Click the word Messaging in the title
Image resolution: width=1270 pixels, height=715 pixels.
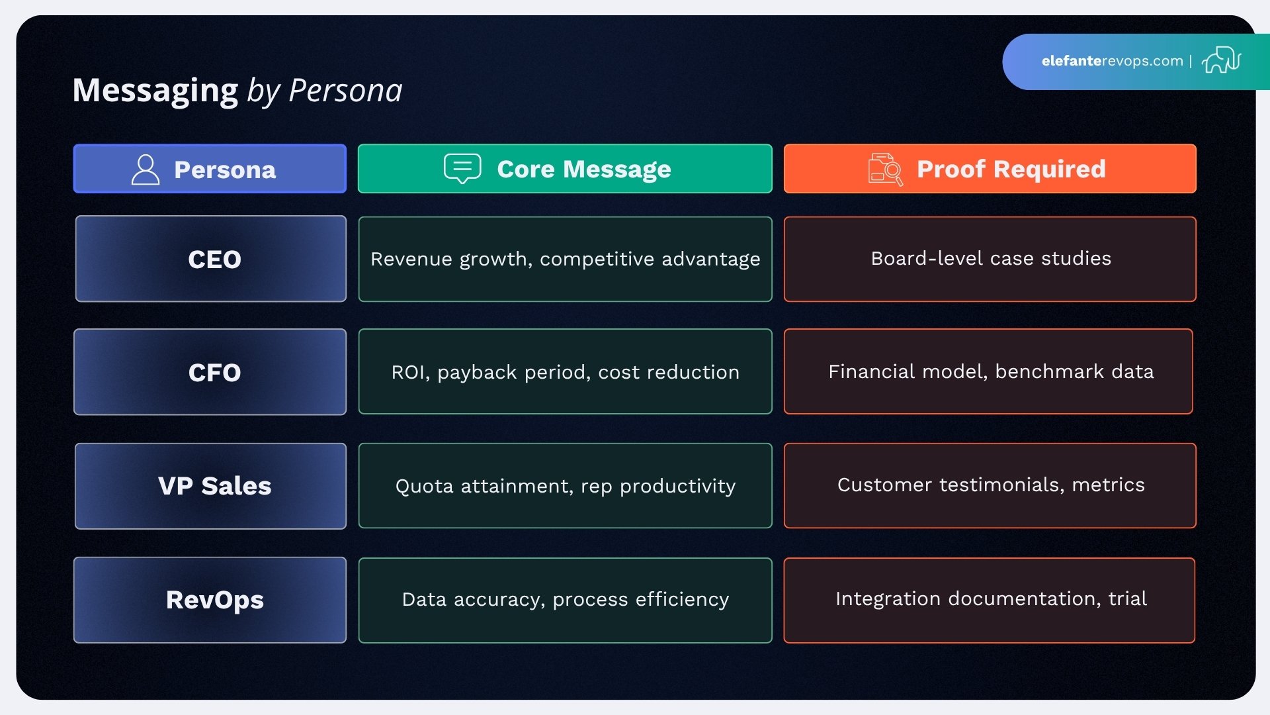(155, 91)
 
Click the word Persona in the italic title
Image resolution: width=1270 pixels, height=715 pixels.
(345, 91)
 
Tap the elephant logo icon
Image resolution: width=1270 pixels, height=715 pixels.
(1221, 60)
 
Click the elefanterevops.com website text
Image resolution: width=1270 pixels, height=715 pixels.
(1112, 61)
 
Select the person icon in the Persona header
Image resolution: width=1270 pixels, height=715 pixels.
(146, 169)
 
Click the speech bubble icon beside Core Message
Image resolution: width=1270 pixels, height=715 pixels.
(462, 168)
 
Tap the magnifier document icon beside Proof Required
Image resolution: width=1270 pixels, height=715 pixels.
(885, 169)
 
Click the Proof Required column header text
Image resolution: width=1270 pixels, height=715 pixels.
(1011, 169)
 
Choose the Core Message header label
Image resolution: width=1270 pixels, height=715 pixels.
(583, 169)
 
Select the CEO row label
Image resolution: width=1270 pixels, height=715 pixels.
(214, 260)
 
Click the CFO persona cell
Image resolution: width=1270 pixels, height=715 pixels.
(214, 373)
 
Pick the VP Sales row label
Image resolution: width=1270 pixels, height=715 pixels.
(214, 486)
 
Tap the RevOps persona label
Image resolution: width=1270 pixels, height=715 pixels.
(214, 600)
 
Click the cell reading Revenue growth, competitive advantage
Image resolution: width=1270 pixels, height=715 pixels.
(565, 260)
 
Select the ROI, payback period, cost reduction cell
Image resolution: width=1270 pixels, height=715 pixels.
(565, 372)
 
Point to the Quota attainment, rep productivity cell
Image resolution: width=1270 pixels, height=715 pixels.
(565, 486)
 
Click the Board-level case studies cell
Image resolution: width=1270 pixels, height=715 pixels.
(990, 259)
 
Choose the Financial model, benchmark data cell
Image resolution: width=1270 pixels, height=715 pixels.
(990, 371)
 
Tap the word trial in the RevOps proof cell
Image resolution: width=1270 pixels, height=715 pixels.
(1127, 598)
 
